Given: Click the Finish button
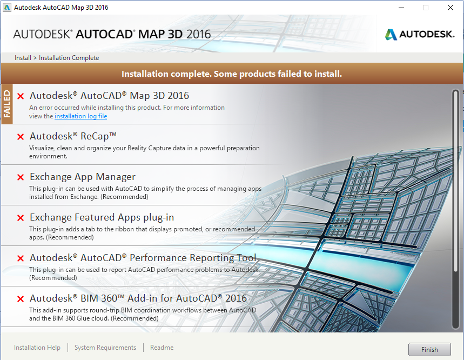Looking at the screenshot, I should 429,349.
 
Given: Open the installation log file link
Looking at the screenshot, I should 80,116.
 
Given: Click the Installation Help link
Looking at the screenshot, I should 37,348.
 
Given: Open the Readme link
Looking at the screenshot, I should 162,348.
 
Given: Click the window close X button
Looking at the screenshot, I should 450,8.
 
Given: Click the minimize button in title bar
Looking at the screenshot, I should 400,8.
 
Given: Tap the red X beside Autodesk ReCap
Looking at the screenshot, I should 21,137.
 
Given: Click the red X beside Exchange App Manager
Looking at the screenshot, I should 21,177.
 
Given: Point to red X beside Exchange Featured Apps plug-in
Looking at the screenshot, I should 21,218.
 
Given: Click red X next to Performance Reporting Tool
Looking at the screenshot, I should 21,258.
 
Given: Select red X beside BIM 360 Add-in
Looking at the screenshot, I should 21,299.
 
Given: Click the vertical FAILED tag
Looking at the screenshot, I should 6,104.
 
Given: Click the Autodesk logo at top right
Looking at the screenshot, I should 419,35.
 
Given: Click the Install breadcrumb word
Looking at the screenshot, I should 23,58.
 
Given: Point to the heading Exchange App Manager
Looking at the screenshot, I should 83,177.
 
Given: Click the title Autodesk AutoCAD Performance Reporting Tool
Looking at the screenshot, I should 143,258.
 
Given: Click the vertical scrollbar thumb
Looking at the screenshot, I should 455,208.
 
